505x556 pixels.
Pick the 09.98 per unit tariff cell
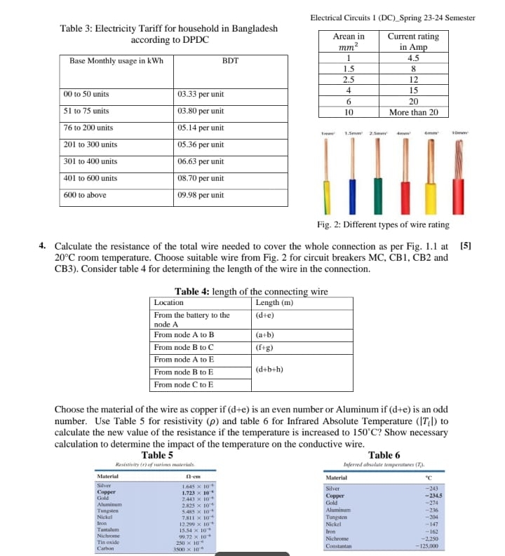(201, 195)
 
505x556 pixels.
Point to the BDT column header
(230, 61)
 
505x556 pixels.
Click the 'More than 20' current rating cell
(413, 111)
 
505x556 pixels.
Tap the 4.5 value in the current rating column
(413, 58)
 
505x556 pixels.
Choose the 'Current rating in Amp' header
(413, 41)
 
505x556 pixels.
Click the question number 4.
(43, 246)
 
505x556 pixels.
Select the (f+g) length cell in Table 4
(264, 347)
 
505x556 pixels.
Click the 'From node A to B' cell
(184, 334)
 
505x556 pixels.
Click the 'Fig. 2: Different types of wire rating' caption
(384, 224)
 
